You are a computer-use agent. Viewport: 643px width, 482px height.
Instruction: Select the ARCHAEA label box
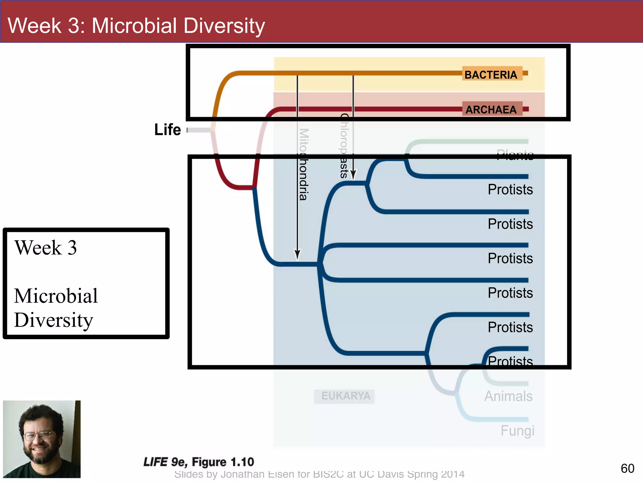(x=492, y=109)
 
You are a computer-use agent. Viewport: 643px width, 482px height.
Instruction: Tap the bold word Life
(x=167, y=130)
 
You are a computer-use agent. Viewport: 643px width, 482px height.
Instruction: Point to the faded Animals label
(x=508, y=396)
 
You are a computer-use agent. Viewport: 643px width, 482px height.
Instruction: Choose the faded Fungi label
(x=517, y=431)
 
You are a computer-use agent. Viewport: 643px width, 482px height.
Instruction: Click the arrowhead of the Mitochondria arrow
(x=297, y=254)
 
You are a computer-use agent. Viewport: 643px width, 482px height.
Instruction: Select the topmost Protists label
(x=510, y=190)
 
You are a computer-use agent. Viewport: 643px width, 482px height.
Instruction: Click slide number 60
(x=627, y=469)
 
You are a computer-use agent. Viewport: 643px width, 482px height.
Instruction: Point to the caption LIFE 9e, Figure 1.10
(x=198, y=462)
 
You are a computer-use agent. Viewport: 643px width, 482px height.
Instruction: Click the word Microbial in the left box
(x=56, y=296)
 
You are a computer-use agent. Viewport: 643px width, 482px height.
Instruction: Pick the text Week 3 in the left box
(x=46, y=248)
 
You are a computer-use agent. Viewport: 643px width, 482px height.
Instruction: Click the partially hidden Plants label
(x=515, y=154)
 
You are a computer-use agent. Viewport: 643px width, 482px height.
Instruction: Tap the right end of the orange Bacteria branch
(x=526, y=73)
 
